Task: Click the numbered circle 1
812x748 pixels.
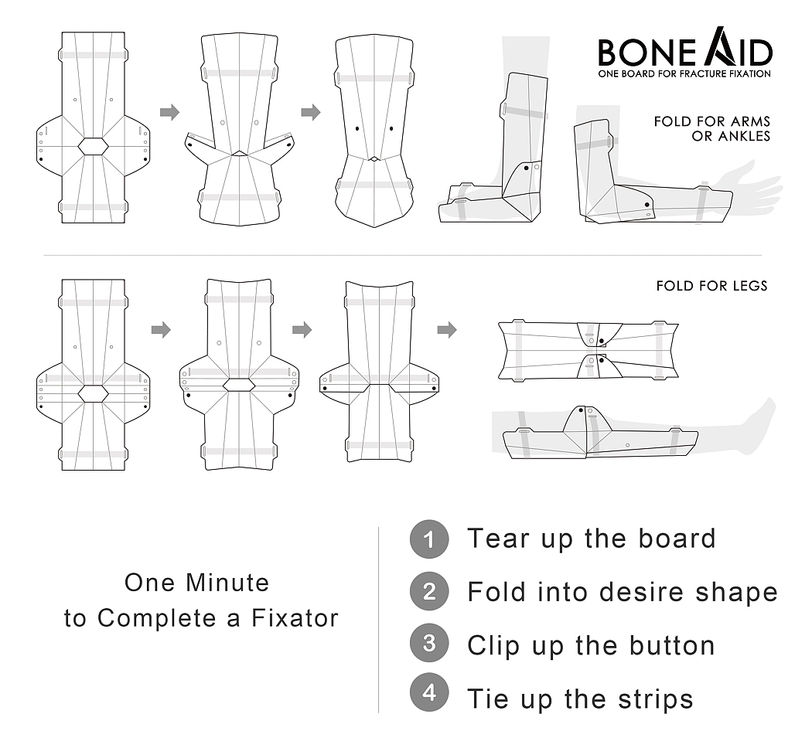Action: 428,539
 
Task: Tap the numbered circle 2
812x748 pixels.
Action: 428,592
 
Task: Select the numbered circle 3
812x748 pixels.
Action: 428,644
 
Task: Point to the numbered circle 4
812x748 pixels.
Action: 428,693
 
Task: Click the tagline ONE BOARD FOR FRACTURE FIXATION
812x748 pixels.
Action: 684,74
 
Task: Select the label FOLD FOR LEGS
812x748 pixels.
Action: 711,286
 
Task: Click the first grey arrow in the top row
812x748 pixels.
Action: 169,113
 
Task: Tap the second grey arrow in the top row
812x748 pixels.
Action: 311,113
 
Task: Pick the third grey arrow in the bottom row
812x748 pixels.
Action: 446,330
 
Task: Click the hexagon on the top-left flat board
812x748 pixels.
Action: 93,145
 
